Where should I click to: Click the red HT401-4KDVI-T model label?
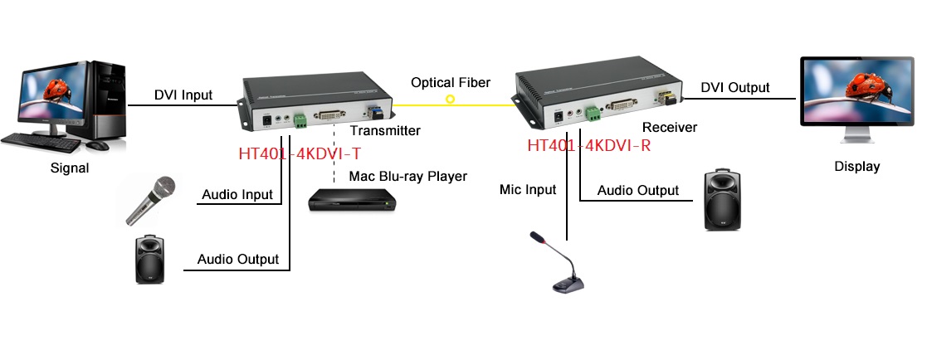click(299, 153)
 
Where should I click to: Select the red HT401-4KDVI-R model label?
click(588, 146)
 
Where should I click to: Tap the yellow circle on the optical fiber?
click(450, 100)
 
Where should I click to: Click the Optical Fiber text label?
click(451, 82)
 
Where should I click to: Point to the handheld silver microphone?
click(150, 200)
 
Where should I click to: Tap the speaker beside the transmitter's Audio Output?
click(149, 260)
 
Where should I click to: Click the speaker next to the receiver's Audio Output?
click(721, 201)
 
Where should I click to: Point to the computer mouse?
click(98, 145)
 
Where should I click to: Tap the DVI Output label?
click(734, 87)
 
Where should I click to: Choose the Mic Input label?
click(528, 189)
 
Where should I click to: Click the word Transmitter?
click(385, 131)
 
